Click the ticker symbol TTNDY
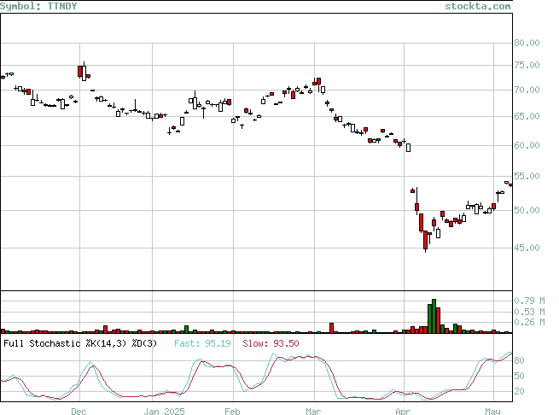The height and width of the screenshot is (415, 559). [62, 6]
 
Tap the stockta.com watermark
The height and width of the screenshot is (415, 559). [477, 6]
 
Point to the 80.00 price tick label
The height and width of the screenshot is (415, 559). [527, 43]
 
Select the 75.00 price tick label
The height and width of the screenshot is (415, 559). [527, 65]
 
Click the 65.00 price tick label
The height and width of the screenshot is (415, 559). [527, 116]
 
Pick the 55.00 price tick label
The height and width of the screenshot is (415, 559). [527, 176]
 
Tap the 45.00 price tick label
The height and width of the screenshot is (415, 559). [527, 248]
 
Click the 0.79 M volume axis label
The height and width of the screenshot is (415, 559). [529, 301]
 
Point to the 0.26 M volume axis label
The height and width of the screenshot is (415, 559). [529, 322]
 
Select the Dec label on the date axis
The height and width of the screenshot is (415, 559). [79, 412]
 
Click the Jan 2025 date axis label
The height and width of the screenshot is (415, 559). [165, 412]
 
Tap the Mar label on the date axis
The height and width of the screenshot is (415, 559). [313, 412]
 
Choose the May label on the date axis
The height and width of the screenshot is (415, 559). [492, 412]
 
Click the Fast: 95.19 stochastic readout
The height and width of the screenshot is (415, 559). [202, 343]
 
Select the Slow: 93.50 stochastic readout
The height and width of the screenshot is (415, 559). [271, 343]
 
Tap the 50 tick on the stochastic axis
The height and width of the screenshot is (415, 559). [519, 376]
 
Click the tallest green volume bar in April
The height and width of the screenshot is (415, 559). [434, 316]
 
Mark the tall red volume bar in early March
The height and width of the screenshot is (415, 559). [331, 328]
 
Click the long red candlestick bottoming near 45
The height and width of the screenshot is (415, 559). [425, 240]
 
